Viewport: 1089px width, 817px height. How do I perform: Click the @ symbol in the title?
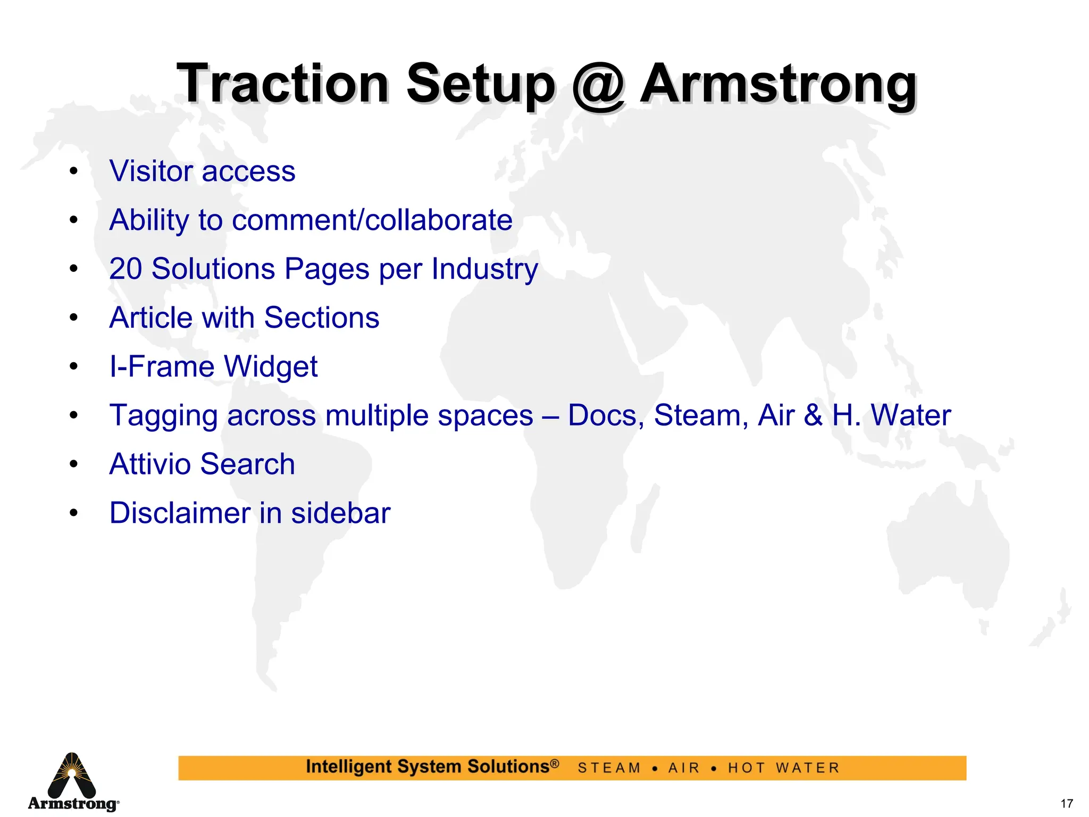[598, 85]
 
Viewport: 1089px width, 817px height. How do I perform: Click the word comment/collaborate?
[372, 220]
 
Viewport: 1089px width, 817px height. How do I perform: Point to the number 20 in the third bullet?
[125, 269]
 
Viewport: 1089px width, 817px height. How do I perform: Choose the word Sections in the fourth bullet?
[322, 318]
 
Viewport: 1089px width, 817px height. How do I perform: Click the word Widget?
[271, 368]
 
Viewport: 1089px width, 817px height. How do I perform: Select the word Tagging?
[163, 416]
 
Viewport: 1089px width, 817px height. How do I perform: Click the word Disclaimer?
[180, 513]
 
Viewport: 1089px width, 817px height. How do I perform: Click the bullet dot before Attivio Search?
[74, 464]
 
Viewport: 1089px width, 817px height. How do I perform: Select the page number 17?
[1066, 804]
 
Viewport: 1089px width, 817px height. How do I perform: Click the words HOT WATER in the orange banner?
[784, 768]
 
